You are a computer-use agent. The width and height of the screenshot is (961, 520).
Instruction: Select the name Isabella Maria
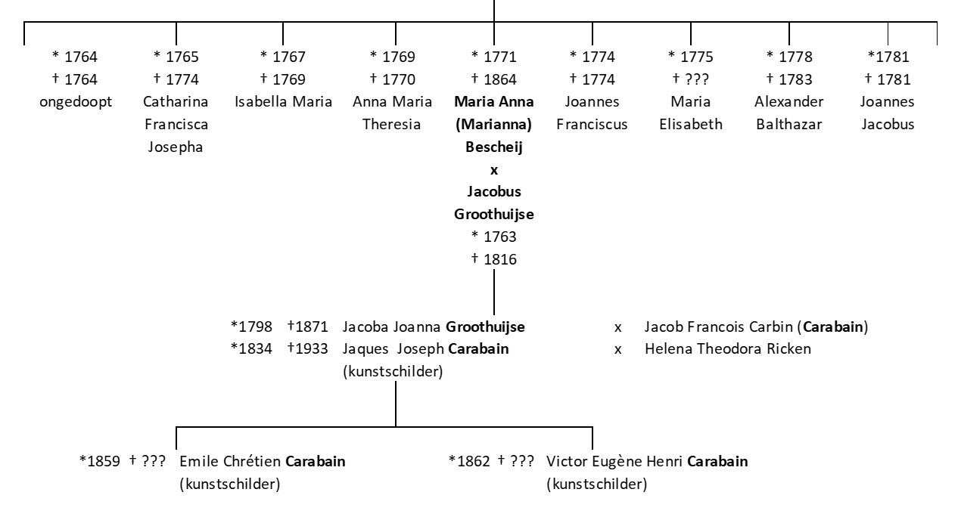pos(283,102)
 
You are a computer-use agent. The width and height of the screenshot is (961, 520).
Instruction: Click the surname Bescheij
pos(494,147)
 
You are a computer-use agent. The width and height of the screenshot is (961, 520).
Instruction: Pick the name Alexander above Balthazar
pos(788,102)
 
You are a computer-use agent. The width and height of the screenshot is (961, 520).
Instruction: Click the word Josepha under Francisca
pos(176,147)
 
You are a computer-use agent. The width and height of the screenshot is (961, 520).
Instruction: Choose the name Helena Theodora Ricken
pos(727,348)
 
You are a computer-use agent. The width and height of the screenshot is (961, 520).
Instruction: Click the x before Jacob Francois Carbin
pos(618,328)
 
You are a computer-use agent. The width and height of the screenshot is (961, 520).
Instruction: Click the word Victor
pos(565,461)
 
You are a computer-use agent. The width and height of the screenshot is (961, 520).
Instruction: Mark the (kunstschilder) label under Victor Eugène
pos(596,484)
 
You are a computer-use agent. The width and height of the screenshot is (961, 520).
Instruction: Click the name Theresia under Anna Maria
pos(392,125)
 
